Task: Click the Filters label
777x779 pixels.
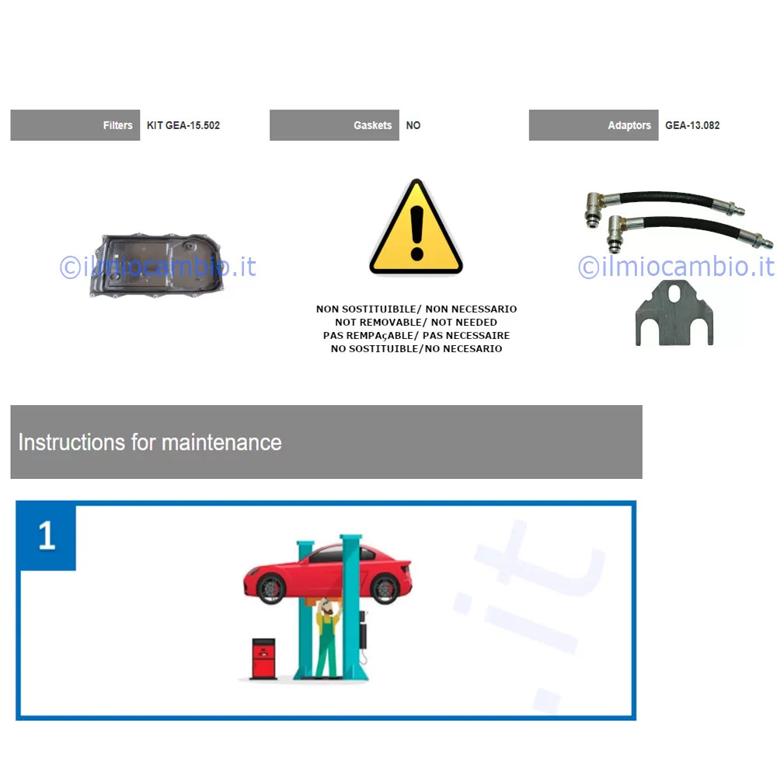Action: (x=117, y=125)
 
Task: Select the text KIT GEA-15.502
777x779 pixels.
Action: (x=183, y=125)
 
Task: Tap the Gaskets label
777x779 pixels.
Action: (x=372, y=125)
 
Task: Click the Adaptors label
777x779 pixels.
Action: (x=629, y=125)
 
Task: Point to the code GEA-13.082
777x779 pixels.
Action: (x=692, y=125)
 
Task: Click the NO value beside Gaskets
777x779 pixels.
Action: (x=413, y=125)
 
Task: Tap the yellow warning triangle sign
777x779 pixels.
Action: (x=416, y=226)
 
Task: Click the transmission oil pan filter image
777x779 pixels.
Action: (x=156, y=265)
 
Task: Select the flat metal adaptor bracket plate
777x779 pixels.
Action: (x=674, y=313)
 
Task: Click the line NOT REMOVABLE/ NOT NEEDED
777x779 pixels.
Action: (x=416, y=323)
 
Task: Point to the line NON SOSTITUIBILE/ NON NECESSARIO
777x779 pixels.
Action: (x=416, y=309)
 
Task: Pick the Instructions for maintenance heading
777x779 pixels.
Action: (x=150, y=442)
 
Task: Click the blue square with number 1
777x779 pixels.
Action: (x=46, y=536)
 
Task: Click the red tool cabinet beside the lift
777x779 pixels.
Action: (x=263, y=658)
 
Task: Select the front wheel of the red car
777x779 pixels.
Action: (x=271, y=589)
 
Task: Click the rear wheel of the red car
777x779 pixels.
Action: (x=385, y=589)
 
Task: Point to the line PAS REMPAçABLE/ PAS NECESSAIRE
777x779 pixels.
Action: (x=416, y=336)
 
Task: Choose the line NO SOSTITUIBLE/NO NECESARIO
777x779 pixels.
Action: (x=416, y=349)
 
